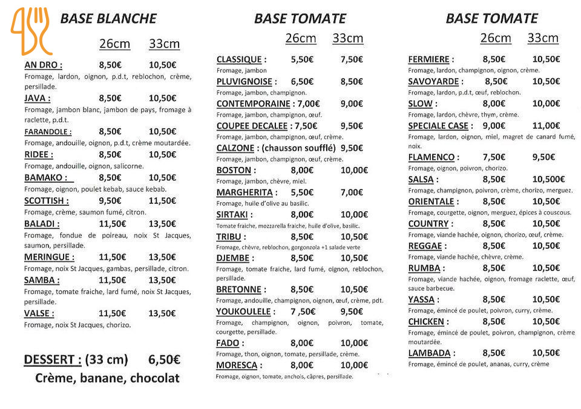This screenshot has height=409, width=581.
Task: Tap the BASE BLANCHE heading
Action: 108,19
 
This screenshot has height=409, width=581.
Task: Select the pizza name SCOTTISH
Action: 46,201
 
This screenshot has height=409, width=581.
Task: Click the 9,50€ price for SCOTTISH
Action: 110,201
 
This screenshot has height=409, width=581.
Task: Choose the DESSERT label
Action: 52,360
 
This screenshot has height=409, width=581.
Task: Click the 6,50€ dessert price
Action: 164,360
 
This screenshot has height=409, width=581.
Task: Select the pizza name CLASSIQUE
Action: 239,59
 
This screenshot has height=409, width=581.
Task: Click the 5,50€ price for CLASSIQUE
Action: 302,59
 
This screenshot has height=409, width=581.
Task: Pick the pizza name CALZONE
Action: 234,148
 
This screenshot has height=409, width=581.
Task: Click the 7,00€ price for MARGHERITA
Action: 352,192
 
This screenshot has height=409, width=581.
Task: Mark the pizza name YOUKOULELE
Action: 243,312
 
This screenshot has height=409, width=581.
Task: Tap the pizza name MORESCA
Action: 237,365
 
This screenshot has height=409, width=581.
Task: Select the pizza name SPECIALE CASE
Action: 438,126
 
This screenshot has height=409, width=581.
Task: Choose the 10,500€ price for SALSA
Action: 548,179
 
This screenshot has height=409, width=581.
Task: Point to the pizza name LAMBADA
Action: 429,353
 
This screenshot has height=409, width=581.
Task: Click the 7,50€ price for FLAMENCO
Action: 494,157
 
